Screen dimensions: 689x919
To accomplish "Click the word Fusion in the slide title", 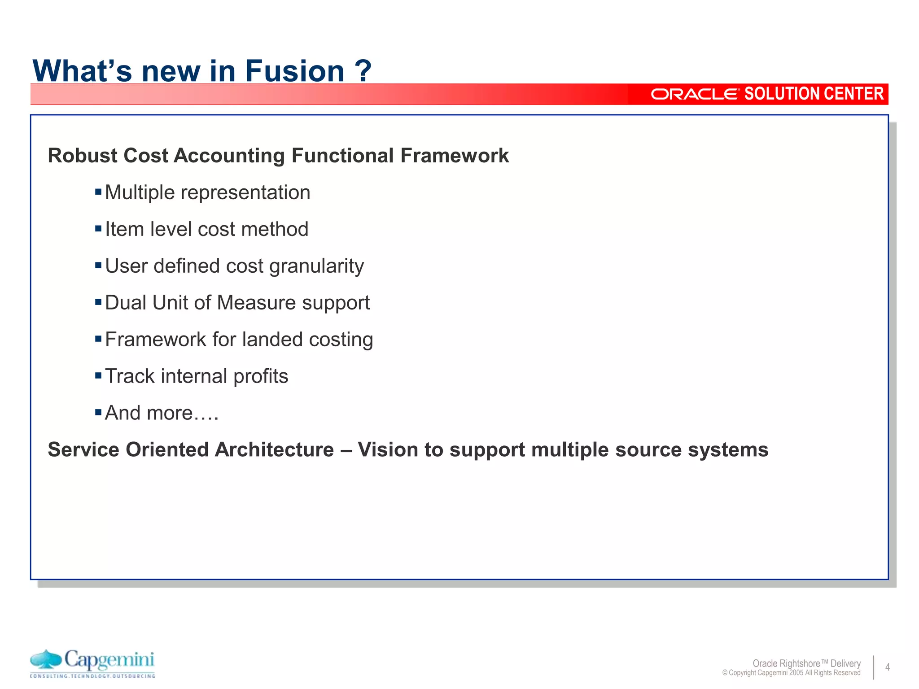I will click(294, 71).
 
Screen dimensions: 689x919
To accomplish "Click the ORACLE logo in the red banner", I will click(694, 94).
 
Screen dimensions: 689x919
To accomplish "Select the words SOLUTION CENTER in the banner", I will click(814, 94).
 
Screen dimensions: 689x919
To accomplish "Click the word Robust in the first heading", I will click(82, 156).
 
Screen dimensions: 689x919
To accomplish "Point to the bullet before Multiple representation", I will click(98, 192).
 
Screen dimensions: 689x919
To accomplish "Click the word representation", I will click(245, 193).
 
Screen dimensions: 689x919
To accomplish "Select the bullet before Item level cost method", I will click(98, 229).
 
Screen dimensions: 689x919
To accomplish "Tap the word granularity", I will click(316, 266).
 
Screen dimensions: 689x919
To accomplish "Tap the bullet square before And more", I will click(98, 413).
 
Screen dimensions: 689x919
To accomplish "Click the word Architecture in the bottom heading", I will click(274, 450).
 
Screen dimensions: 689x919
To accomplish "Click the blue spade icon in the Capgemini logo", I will click(46, 660).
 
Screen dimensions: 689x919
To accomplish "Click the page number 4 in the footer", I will click(887, 667).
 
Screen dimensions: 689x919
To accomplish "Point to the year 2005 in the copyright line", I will click(796, 673).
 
